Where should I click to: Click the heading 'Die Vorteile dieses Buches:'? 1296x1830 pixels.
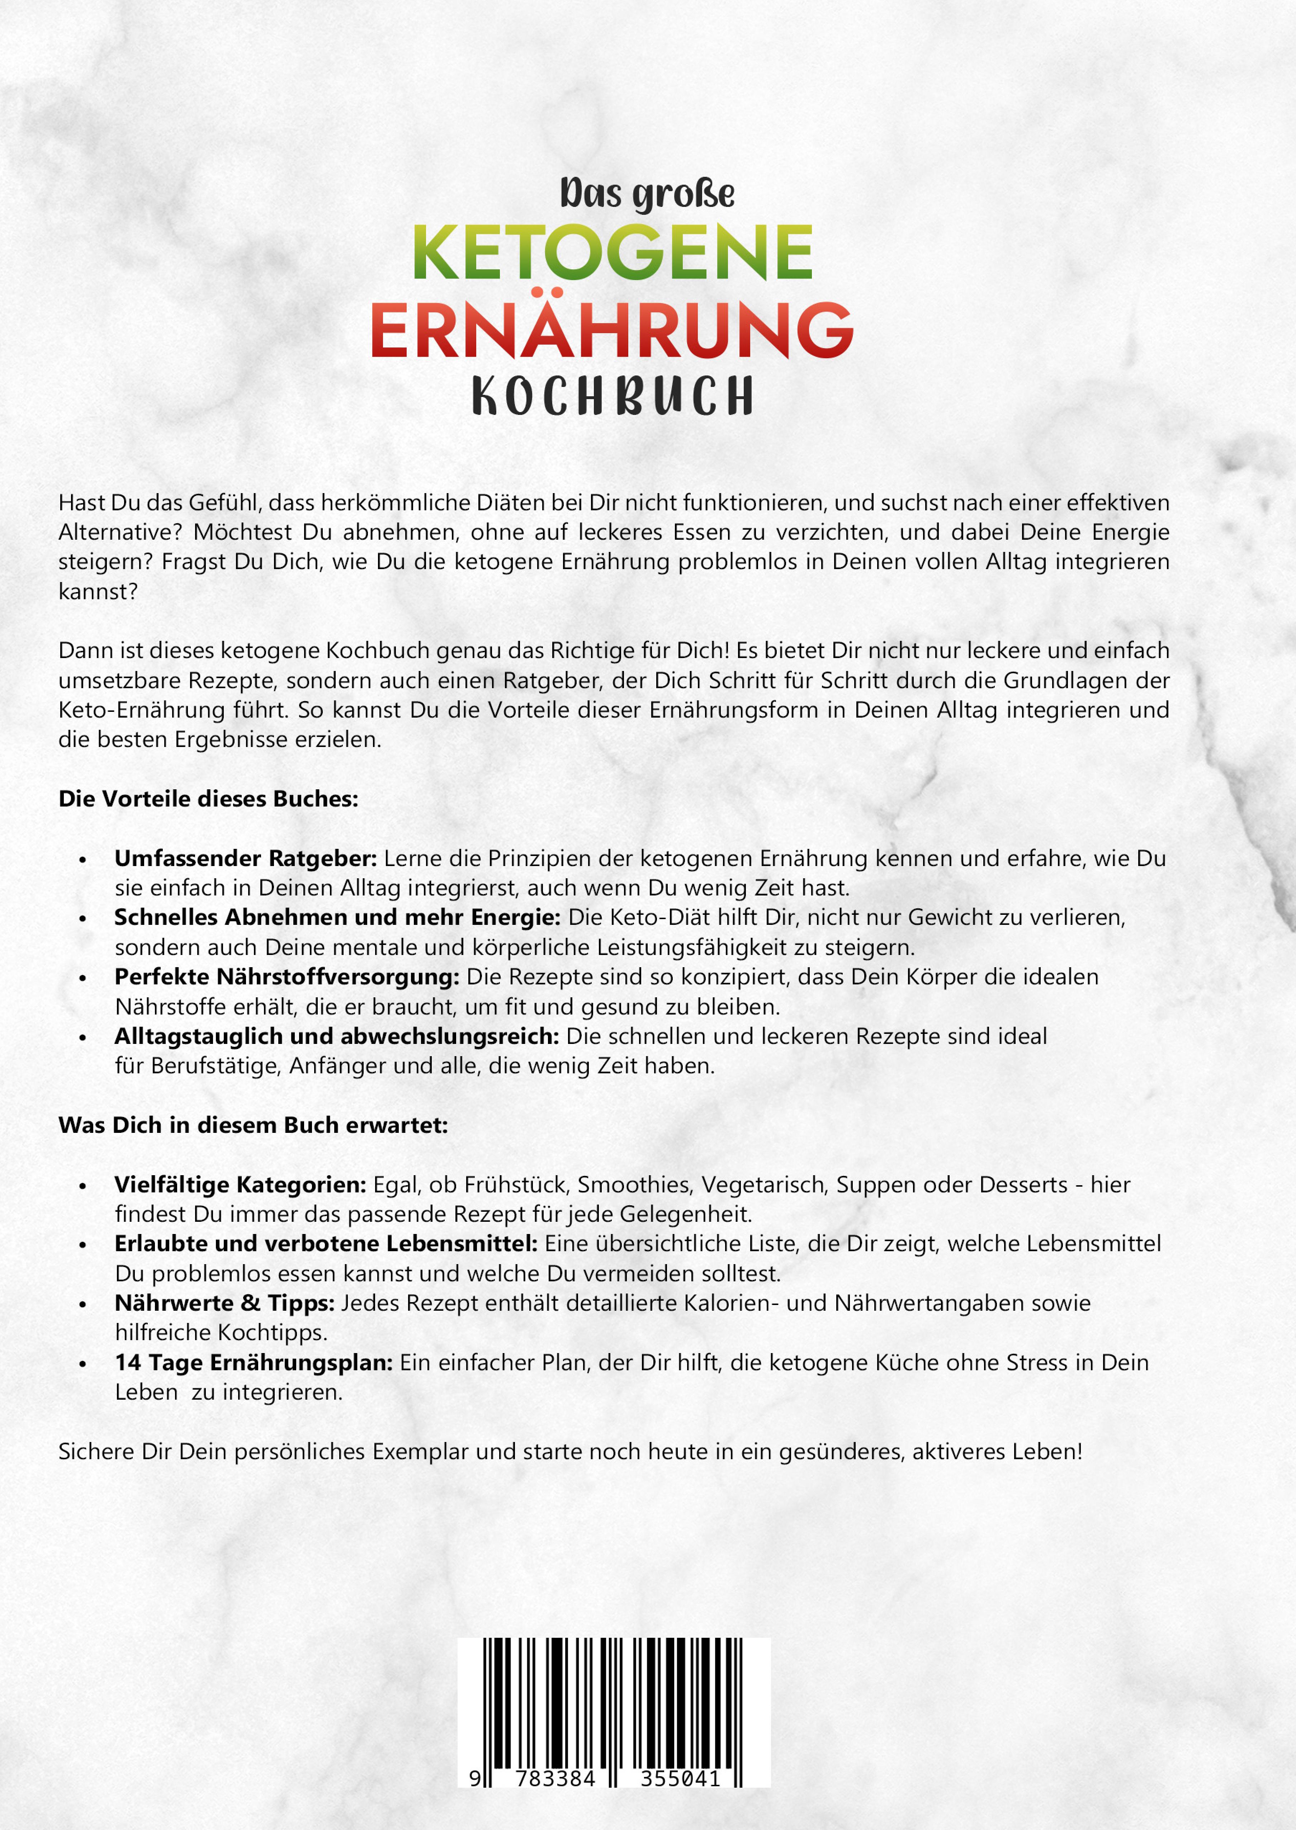point(208,799)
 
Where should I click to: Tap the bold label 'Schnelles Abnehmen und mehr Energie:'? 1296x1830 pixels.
point(337,917)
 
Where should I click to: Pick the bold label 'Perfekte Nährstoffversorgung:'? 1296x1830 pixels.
point(287,977)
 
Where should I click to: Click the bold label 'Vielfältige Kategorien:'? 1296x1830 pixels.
point(240,1184)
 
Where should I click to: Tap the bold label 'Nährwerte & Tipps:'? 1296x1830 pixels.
point(224,1302)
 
